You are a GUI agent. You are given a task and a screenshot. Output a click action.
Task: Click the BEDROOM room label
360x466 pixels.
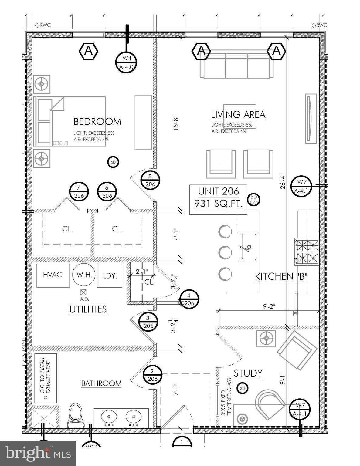(97, 122)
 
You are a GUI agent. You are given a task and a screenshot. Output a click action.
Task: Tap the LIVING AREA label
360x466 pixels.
(238, 115)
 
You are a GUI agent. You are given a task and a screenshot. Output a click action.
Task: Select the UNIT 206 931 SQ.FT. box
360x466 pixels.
(218, 198)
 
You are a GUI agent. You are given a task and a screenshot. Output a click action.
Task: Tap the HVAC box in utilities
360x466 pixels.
(53, 275)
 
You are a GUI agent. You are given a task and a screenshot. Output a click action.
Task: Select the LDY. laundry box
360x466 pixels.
(110, 275)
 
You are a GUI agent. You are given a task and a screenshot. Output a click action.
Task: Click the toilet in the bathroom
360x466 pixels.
(76, 415)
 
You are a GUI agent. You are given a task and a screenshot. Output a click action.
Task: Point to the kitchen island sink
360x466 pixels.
(249, 247)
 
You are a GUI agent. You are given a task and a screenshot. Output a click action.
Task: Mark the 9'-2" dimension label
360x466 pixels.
(269, 306)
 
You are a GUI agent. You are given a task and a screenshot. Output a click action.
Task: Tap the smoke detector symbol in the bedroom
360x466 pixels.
(113, 162)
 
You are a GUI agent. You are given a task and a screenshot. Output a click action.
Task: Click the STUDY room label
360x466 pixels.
(248, 373)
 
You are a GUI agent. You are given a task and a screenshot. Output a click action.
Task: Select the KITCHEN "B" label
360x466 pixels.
(281, 277)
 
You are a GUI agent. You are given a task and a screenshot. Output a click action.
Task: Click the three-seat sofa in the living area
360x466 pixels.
(236, 66)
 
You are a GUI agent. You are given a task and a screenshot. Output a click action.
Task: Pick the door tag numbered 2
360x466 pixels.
(152, 375)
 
